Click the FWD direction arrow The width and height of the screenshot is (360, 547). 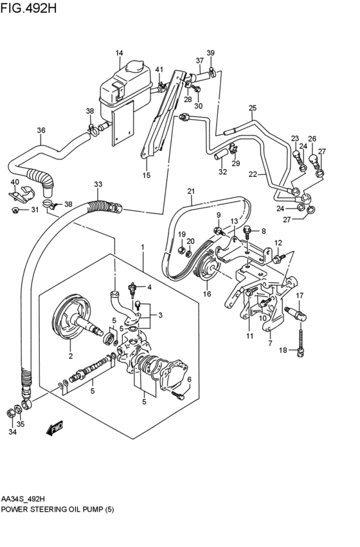coord(55,428)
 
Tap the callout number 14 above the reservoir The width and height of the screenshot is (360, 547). coord(120,53)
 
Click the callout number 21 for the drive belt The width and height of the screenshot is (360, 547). coord(191,191)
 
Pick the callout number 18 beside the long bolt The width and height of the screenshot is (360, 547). coord(283,350)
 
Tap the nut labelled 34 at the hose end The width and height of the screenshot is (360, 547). coord(10,413)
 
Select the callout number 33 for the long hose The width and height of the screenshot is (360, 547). coord(98,184)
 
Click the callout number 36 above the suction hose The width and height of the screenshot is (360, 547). coord(41,130)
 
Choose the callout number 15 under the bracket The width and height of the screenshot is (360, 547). coord(147,175)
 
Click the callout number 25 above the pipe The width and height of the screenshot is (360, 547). coord(252,108)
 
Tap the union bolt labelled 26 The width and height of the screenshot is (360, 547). coord(312,160)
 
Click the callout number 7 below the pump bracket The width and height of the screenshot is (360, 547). coord(271,343)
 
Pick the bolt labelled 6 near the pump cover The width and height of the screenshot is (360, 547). coord(178,395)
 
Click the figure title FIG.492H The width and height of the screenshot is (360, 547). coord(28,8)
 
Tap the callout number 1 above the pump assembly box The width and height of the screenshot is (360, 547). coord(142,247)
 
